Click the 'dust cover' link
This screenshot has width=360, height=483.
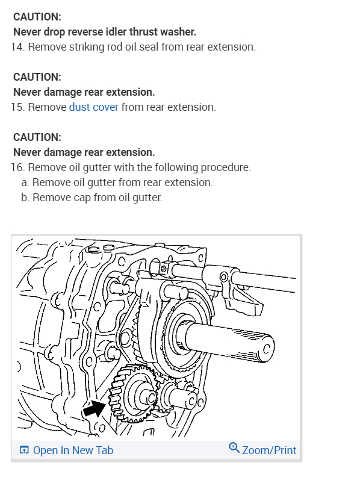(93, 107)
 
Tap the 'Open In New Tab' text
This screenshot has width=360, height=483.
(73, 450)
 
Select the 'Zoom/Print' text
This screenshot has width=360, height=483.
(269, 450)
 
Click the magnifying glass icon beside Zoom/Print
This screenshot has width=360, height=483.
(234, 448)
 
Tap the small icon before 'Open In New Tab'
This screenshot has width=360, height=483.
(24, 450)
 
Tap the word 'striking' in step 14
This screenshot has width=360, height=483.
(85, 47)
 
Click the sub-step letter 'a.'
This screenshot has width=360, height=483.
(25, 182)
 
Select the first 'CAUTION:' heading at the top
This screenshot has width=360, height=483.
(37, 17)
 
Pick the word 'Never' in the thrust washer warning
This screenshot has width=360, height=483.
(28, 32)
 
